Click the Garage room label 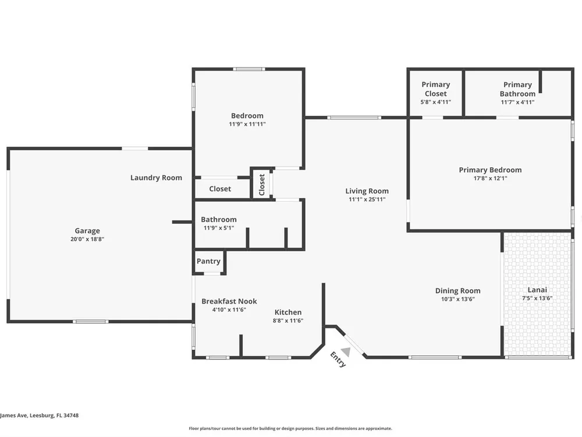click(87, 231)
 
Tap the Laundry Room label click(156, 178)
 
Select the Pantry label click(208, 261)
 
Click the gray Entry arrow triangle click(346, 351)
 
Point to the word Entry click(338, 360)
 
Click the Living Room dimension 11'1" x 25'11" click(367, 199)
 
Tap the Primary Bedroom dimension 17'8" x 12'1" click(490, 178)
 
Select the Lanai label click(537, 290)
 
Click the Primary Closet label click(436, 89)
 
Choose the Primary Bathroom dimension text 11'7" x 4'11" click(518, 102)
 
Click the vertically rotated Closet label click(262, 185)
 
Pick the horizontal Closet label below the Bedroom click(220, 189)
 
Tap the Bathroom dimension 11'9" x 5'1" click(219, 228)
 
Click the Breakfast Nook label click(229, 301)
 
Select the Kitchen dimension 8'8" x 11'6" click(288, 320)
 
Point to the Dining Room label click(457, 291)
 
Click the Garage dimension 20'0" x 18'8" click(87, 239)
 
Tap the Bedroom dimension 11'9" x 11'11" click(247, 124)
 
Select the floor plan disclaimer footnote click(290, 428)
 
